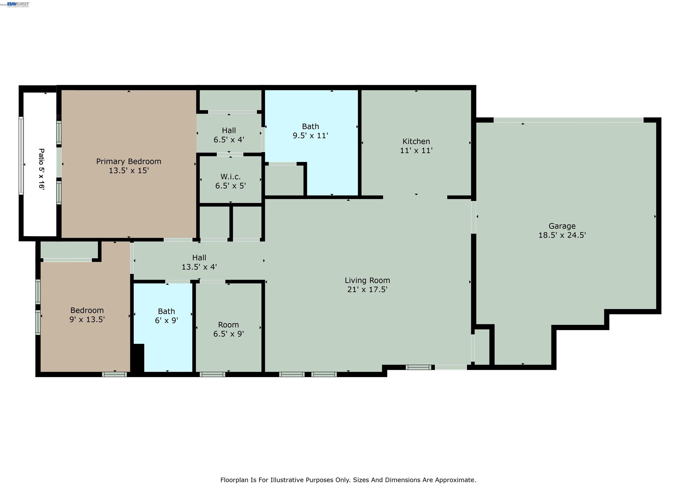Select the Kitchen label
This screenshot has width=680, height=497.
416,141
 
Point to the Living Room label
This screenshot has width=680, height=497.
367,280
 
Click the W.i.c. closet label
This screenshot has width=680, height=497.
230,177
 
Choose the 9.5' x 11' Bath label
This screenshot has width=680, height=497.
310,131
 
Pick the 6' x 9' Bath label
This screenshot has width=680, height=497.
166,316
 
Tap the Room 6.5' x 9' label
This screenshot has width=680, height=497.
228,329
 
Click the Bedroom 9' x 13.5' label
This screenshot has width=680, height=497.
87,315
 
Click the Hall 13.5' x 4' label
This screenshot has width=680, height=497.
199,262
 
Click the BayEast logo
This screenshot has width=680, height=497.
18,4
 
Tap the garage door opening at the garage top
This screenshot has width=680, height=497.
568,120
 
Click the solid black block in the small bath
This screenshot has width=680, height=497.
139,358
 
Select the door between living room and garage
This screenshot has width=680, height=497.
473,217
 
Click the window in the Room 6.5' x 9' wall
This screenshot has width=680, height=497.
212,374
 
